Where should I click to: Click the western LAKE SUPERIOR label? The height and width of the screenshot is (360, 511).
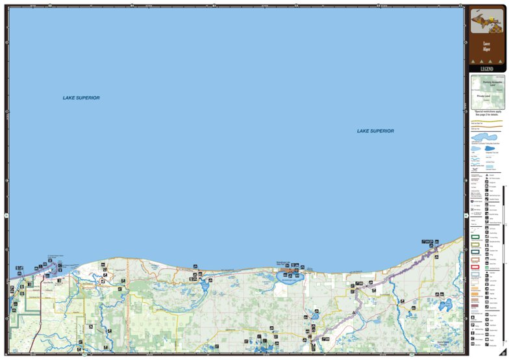[81, 98]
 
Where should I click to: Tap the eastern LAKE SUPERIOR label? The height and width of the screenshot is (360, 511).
[375, 131]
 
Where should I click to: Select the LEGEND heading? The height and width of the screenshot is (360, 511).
[486, 69]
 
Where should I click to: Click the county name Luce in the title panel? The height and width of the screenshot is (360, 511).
[486, 44]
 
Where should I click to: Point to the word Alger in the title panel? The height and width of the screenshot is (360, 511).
[486, 49]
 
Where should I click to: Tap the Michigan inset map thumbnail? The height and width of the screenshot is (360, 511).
[487, 24]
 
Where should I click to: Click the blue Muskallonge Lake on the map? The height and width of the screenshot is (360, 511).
[288, 277]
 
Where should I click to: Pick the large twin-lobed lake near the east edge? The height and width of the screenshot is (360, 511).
[445, 305]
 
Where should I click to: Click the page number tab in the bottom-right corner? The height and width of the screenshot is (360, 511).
[503, 353]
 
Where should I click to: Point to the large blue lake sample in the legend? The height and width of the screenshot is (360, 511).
[478, 148]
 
